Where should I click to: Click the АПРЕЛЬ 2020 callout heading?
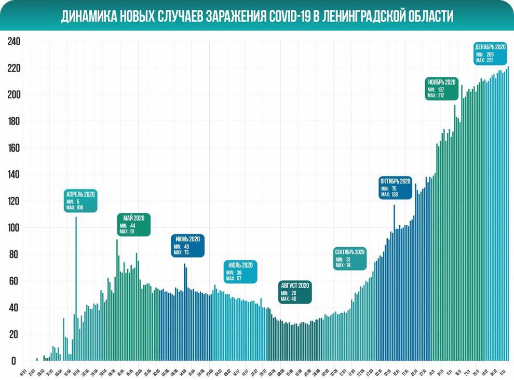coord(81,195)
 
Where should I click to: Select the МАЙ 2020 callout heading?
coord(134,218)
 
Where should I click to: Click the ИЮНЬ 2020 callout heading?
coord(187,239)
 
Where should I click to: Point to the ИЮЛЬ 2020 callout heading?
coord(240,265)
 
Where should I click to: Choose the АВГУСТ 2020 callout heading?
coord(295,286)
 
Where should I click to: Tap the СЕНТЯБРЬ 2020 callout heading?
coord(350,252)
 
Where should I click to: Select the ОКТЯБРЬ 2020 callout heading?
coord(396,181)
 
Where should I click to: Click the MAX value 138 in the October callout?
coord(398,195)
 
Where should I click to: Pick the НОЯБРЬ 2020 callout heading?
coord(442,82)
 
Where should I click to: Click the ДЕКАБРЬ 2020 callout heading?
coord(490,47)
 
